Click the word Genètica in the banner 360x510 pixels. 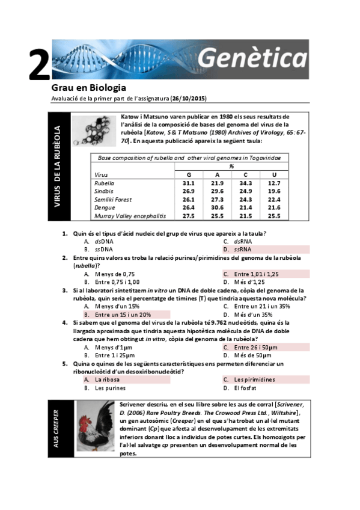252,58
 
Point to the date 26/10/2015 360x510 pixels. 188,99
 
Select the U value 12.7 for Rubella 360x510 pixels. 274,183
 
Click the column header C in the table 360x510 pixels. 245,174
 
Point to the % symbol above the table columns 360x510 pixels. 231,166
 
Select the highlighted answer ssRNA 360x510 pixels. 242,249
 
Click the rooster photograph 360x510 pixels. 95,426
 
